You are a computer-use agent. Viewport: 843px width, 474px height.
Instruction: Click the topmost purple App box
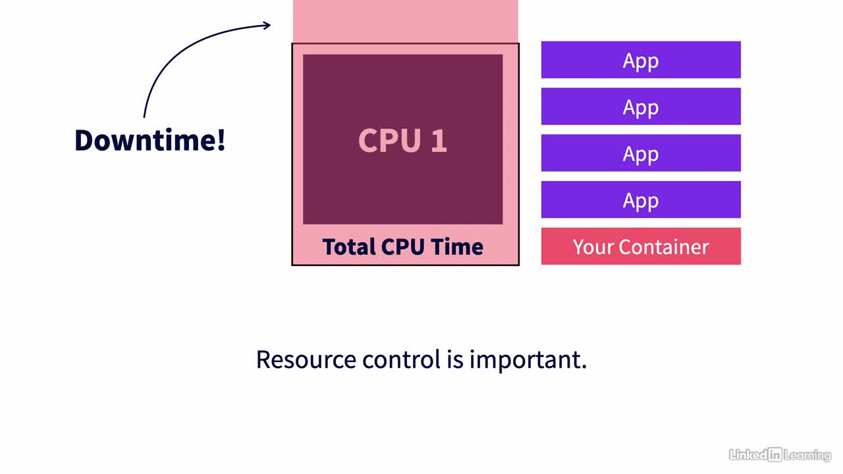[x=641, y=60]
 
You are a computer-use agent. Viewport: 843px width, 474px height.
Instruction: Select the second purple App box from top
[x=641, y=107]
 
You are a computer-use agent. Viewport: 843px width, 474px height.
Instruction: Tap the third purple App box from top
[x=641, y=153]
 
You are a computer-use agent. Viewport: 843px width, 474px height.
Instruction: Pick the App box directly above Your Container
[x=641, y=199]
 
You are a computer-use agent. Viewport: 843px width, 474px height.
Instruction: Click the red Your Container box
[x=641, y=246]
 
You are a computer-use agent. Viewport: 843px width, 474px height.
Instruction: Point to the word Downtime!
[x=150, y=140]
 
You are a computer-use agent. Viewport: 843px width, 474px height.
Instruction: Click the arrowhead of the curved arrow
[x=267, y=25]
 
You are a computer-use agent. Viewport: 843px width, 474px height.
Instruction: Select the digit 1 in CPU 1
[x=439, y=140]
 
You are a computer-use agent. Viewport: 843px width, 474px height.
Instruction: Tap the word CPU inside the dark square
[x=389, y=140]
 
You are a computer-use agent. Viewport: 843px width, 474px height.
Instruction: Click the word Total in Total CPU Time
[x=349, y=247]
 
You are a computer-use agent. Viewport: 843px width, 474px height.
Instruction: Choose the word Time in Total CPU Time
[x=457, y=247]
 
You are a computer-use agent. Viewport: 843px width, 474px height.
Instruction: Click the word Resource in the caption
[x=306, y=359]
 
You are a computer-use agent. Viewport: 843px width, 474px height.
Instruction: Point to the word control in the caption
[x=401, y=359]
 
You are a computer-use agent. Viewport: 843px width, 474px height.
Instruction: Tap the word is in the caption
[x=455, y=359]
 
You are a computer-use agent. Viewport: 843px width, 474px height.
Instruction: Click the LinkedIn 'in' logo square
[x=775, y=455]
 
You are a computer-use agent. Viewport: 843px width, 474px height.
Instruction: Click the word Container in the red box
[x=664, y=247]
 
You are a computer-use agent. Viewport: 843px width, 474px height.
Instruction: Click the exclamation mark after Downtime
[x=221, y=140]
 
